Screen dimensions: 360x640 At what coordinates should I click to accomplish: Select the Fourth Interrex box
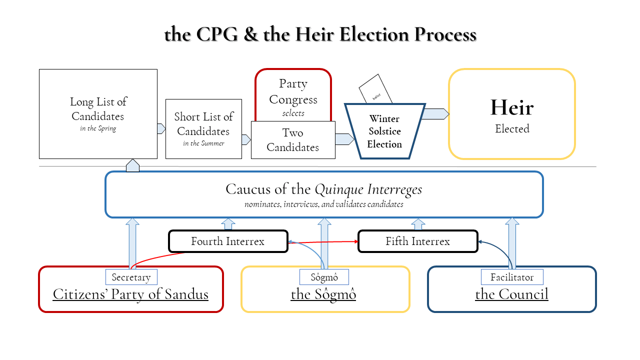(228, 241)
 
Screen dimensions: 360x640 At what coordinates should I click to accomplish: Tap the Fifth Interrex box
(417, 241)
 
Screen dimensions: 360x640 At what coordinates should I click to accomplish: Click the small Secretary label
(131, 277)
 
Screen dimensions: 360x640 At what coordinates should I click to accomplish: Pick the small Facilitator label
(511, 277)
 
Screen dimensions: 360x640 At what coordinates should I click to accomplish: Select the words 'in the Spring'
(98, 128)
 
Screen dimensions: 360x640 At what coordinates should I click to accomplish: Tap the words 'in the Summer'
(203, 143)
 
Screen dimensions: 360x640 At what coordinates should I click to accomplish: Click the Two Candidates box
(293, 140)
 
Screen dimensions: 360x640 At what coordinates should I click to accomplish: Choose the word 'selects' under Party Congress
(293, 113)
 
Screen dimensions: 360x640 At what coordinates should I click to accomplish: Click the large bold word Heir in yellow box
(511, 108)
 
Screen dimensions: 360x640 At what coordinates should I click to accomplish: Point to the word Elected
(511, 129)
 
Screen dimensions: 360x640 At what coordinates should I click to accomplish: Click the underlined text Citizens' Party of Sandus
(130, 294)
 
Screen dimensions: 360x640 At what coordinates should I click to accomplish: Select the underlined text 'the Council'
(511, 294)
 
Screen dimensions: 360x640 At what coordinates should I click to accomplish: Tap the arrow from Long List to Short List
(161, 129)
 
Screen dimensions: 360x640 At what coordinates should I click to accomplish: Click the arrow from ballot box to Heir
(436, 114)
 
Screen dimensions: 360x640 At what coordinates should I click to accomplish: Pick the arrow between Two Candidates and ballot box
(344, 139)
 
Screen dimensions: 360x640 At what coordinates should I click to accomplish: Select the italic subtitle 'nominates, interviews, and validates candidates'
(323, 204)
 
